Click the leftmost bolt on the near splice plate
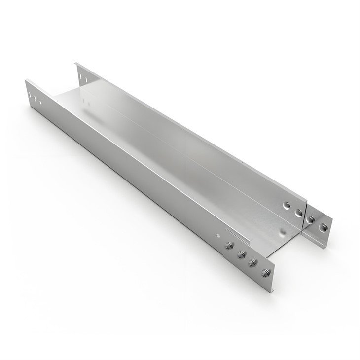click(x=229, y=245)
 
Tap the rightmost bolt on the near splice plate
click(x=266, y=272)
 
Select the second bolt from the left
click(x=241, y=254)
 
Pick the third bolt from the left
click(x=253, y=263)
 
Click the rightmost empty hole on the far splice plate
click(x=323, y=227)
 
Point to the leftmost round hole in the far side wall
click(x=287, y=204)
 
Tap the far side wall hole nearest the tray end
click(x=298, y=213)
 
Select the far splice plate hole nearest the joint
click(x=311, y=218)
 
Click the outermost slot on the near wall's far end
click(x=30, y=93)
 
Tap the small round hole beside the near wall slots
click(x=40, y=103)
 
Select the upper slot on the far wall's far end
click(x=80, y=74)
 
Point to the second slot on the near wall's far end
click(x=35, y=98)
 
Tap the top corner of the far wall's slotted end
click(x=75, y=63)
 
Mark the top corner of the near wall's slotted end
click(x=26, y=80)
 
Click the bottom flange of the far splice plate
click(x=316, y=242)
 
